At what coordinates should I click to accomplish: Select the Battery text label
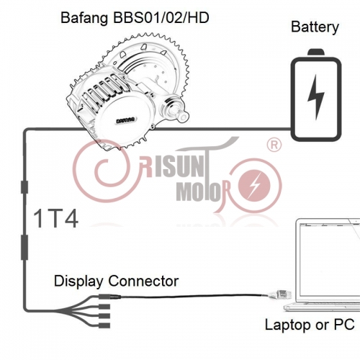pyautogui.click(x=315, y=27)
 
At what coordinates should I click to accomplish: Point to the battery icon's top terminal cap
pyautogui.click(x=315, y=53)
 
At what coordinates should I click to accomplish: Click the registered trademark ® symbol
pyautogui.click(x=274, y=146)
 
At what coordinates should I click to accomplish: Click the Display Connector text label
pyautogui.click(x=116, y=280)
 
